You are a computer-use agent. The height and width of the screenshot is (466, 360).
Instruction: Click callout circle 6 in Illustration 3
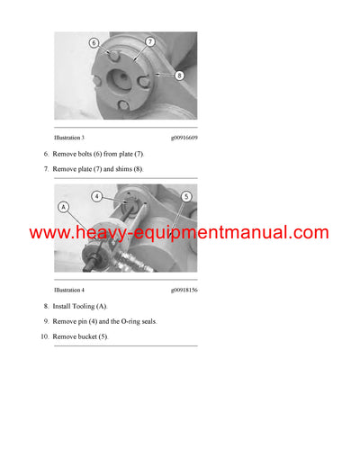coord(94,43)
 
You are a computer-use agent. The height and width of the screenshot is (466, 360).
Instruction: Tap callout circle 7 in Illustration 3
coord(150,41)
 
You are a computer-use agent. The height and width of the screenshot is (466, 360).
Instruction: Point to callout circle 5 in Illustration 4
coord(185,196)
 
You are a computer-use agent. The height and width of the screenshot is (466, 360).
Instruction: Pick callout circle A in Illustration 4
coord(63,206)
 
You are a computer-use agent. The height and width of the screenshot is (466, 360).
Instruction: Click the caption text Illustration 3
coord(69,138)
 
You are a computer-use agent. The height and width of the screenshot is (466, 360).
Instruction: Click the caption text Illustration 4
coord(69,291)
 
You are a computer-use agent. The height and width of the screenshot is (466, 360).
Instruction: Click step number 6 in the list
coord(46,155)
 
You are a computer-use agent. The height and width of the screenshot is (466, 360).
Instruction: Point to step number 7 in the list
coord(46,169)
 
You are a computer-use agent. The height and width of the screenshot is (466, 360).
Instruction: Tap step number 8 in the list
coord(46,307)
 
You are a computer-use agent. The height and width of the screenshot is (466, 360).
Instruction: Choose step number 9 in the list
coord(46,321)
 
